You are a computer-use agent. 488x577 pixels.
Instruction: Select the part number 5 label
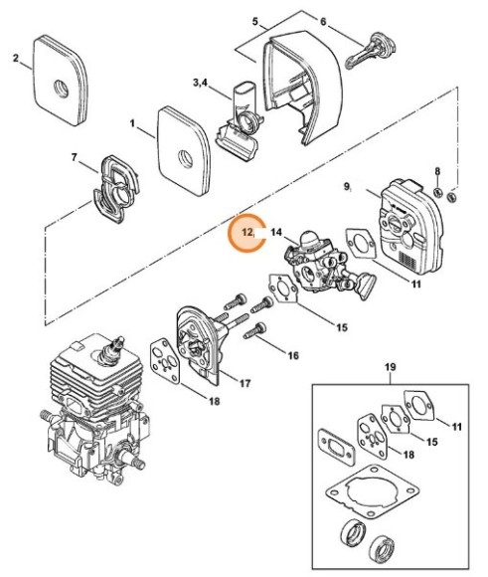[x=255, y=21]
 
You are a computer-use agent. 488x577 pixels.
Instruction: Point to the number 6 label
[x=322, y=21]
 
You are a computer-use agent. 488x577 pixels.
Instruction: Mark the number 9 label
[x=347, y=185]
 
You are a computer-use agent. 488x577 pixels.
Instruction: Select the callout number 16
[x=292, y=354]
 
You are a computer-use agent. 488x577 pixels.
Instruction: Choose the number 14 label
[x=277, y=233]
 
